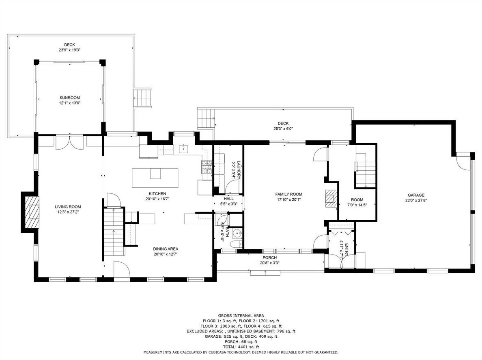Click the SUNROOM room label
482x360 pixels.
click(x=70, y=98)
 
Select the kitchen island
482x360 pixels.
click(x=155, y=178)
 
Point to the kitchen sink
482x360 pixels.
click(x=183, y=149)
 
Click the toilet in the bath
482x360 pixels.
click(x=236, y=244)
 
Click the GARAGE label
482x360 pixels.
click(x=416, y=195)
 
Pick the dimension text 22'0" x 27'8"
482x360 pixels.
click(x=416, y=200)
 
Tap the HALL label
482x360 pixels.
click(x=229, y=199)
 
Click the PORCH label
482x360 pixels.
click(x=269, y=258)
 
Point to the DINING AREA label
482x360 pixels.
click(x=166, y=249)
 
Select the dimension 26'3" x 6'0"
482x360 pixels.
click(x=283, y=129)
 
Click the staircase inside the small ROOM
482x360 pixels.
click(x=366, y=174)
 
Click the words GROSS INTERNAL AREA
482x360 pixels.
click(x=241, y=315)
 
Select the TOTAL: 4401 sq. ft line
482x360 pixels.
click(x=241, y=347)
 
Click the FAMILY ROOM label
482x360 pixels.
click(x=288, y=194)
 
